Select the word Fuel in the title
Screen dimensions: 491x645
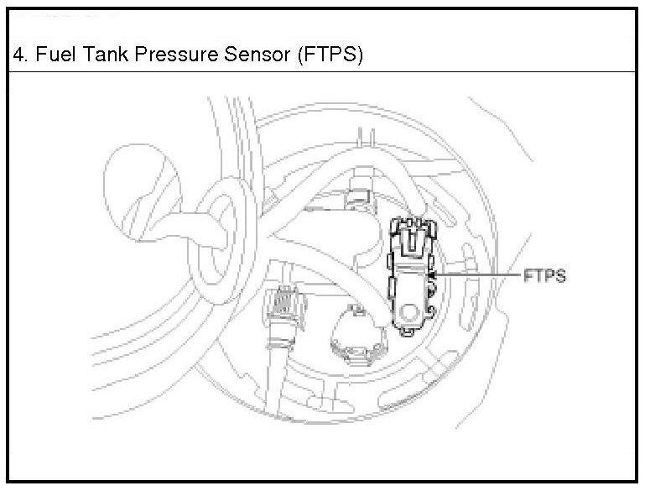click(x=51, y=56)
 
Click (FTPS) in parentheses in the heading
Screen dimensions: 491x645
click(x=329, y=56)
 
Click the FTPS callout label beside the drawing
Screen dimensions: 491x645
click(x=544, y=275)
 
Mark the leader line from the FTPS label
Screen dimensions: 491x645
click(x=478, y=274)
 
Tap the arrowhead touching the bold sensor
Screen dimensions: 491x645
click(x=432, y=274)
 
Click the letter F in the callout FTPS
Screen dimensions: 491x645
click(x=528, y=275)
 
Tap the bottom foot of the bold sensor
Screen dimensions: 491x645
click(x=408, y=332)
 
